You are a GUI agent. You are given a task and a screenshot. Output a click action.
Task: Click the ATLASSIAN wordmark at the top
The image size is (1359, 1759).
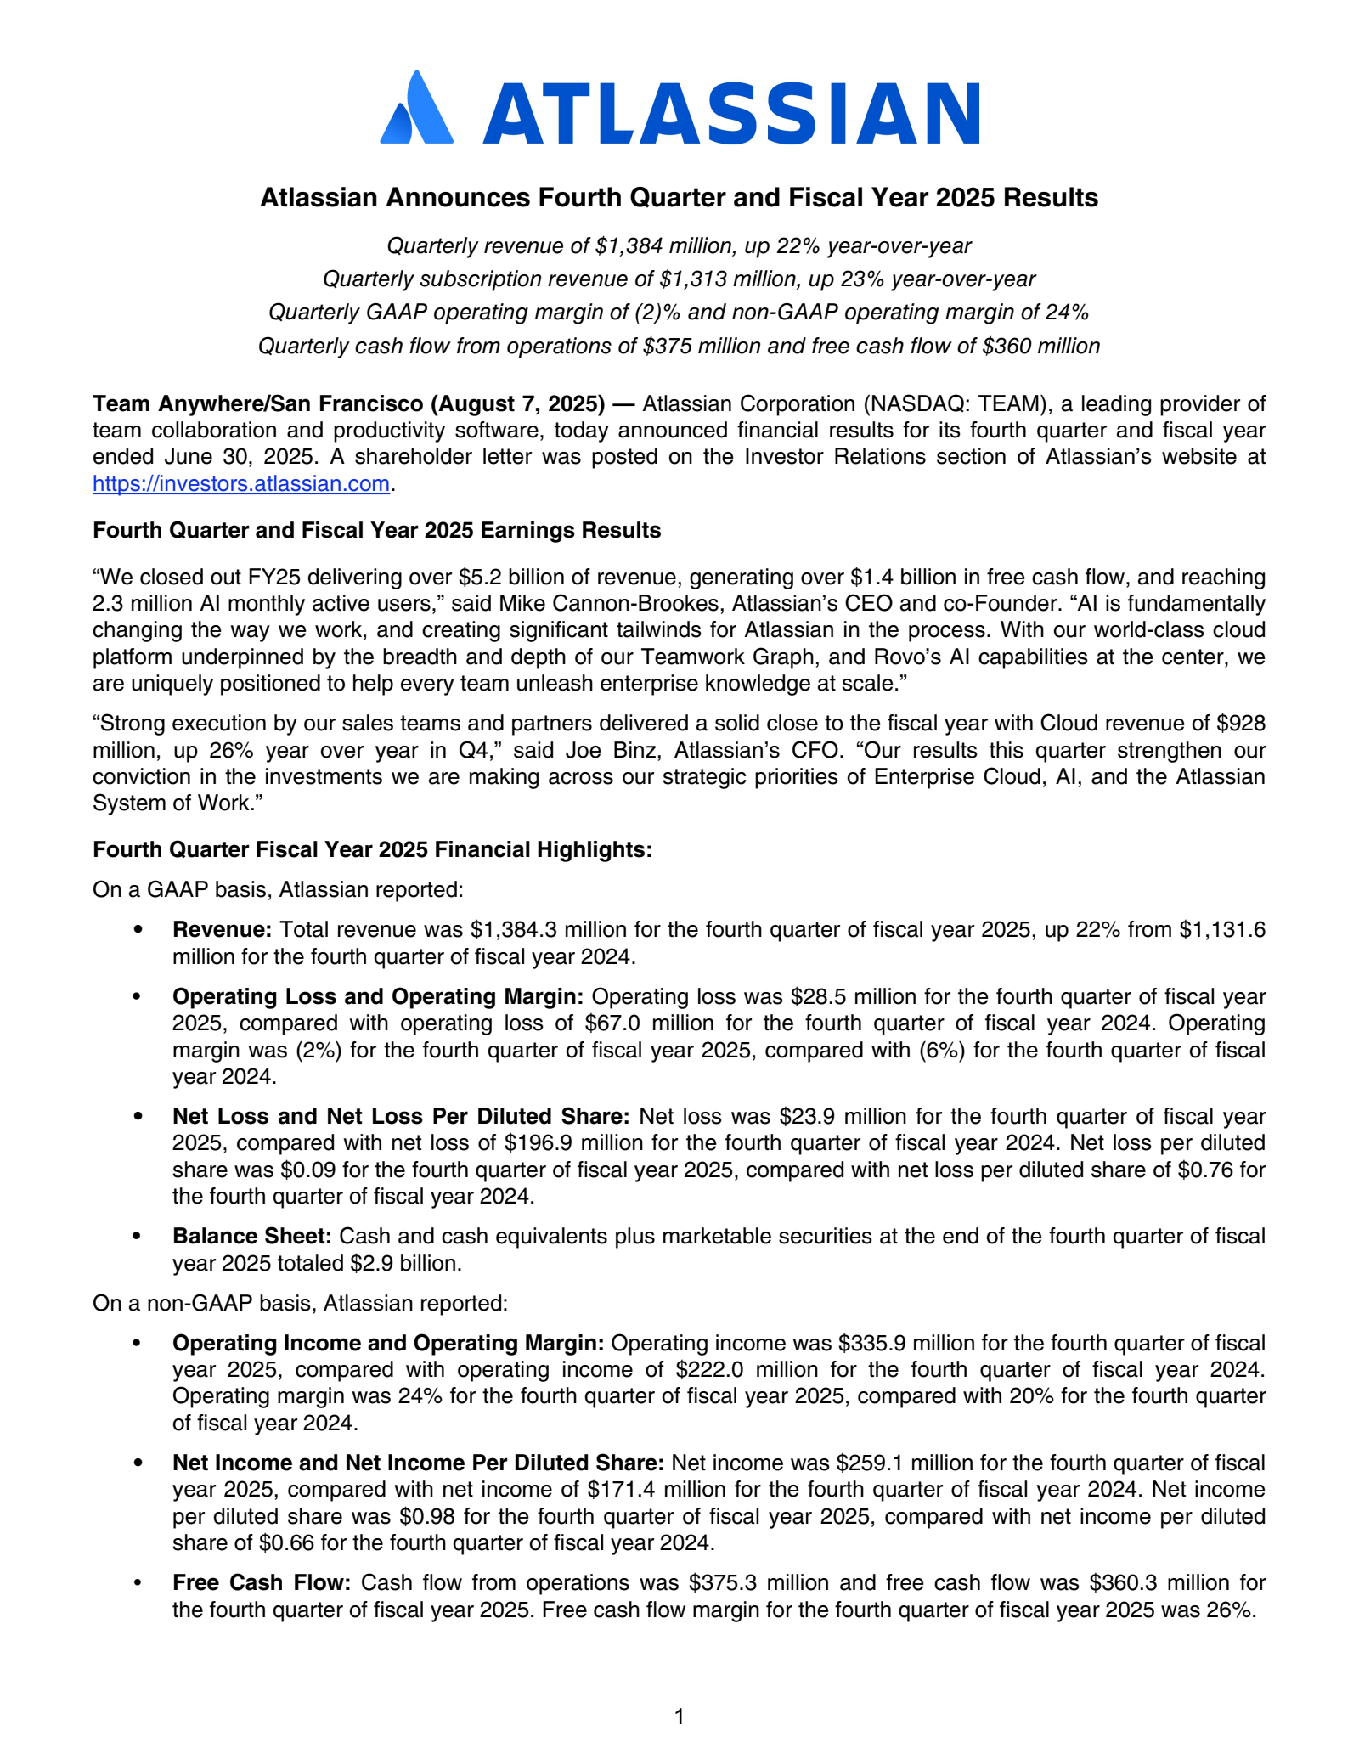click(x=731, y=113)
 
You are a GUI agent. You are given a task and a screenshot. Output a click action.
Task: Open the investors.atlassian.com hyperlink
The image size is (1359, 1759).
click(x=240, y=484)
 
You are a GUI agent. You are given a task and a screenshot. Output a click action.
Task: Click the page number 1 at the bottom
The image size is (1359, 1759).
click(x=679, y=1717)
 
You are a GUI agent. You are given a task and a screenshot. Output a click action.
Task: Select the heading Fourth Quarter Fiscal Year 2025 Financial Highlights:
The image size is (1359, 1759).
click(x=372, y=849)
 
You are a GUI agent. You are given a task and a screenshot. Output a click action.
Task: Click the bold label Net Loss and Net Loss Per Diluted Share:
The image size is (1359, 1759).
click(x=401, y=1116)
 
